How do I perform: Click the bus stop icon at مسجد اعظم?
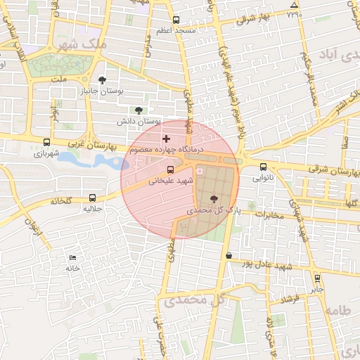(x=175, y=20)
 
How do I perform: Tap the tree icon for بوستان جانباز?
(x=103, y=80)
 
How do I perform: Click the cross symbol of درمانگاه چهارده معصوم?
(x=166, y=139)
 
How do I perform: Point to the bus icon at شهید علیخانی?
(x=170, y=169)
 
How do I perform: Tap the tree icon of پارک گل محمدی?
(x=214, y=199)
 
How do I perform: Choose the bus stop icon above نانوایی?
(x=263, y=167)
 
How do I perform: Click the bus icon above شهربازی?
(x=46, y=141)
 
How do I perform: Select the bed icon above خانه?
(x=73, y=257)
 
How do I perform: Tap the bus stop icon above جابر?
(x=317, y=278)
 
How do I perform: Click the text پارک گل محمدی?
(x=214, y=210)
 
